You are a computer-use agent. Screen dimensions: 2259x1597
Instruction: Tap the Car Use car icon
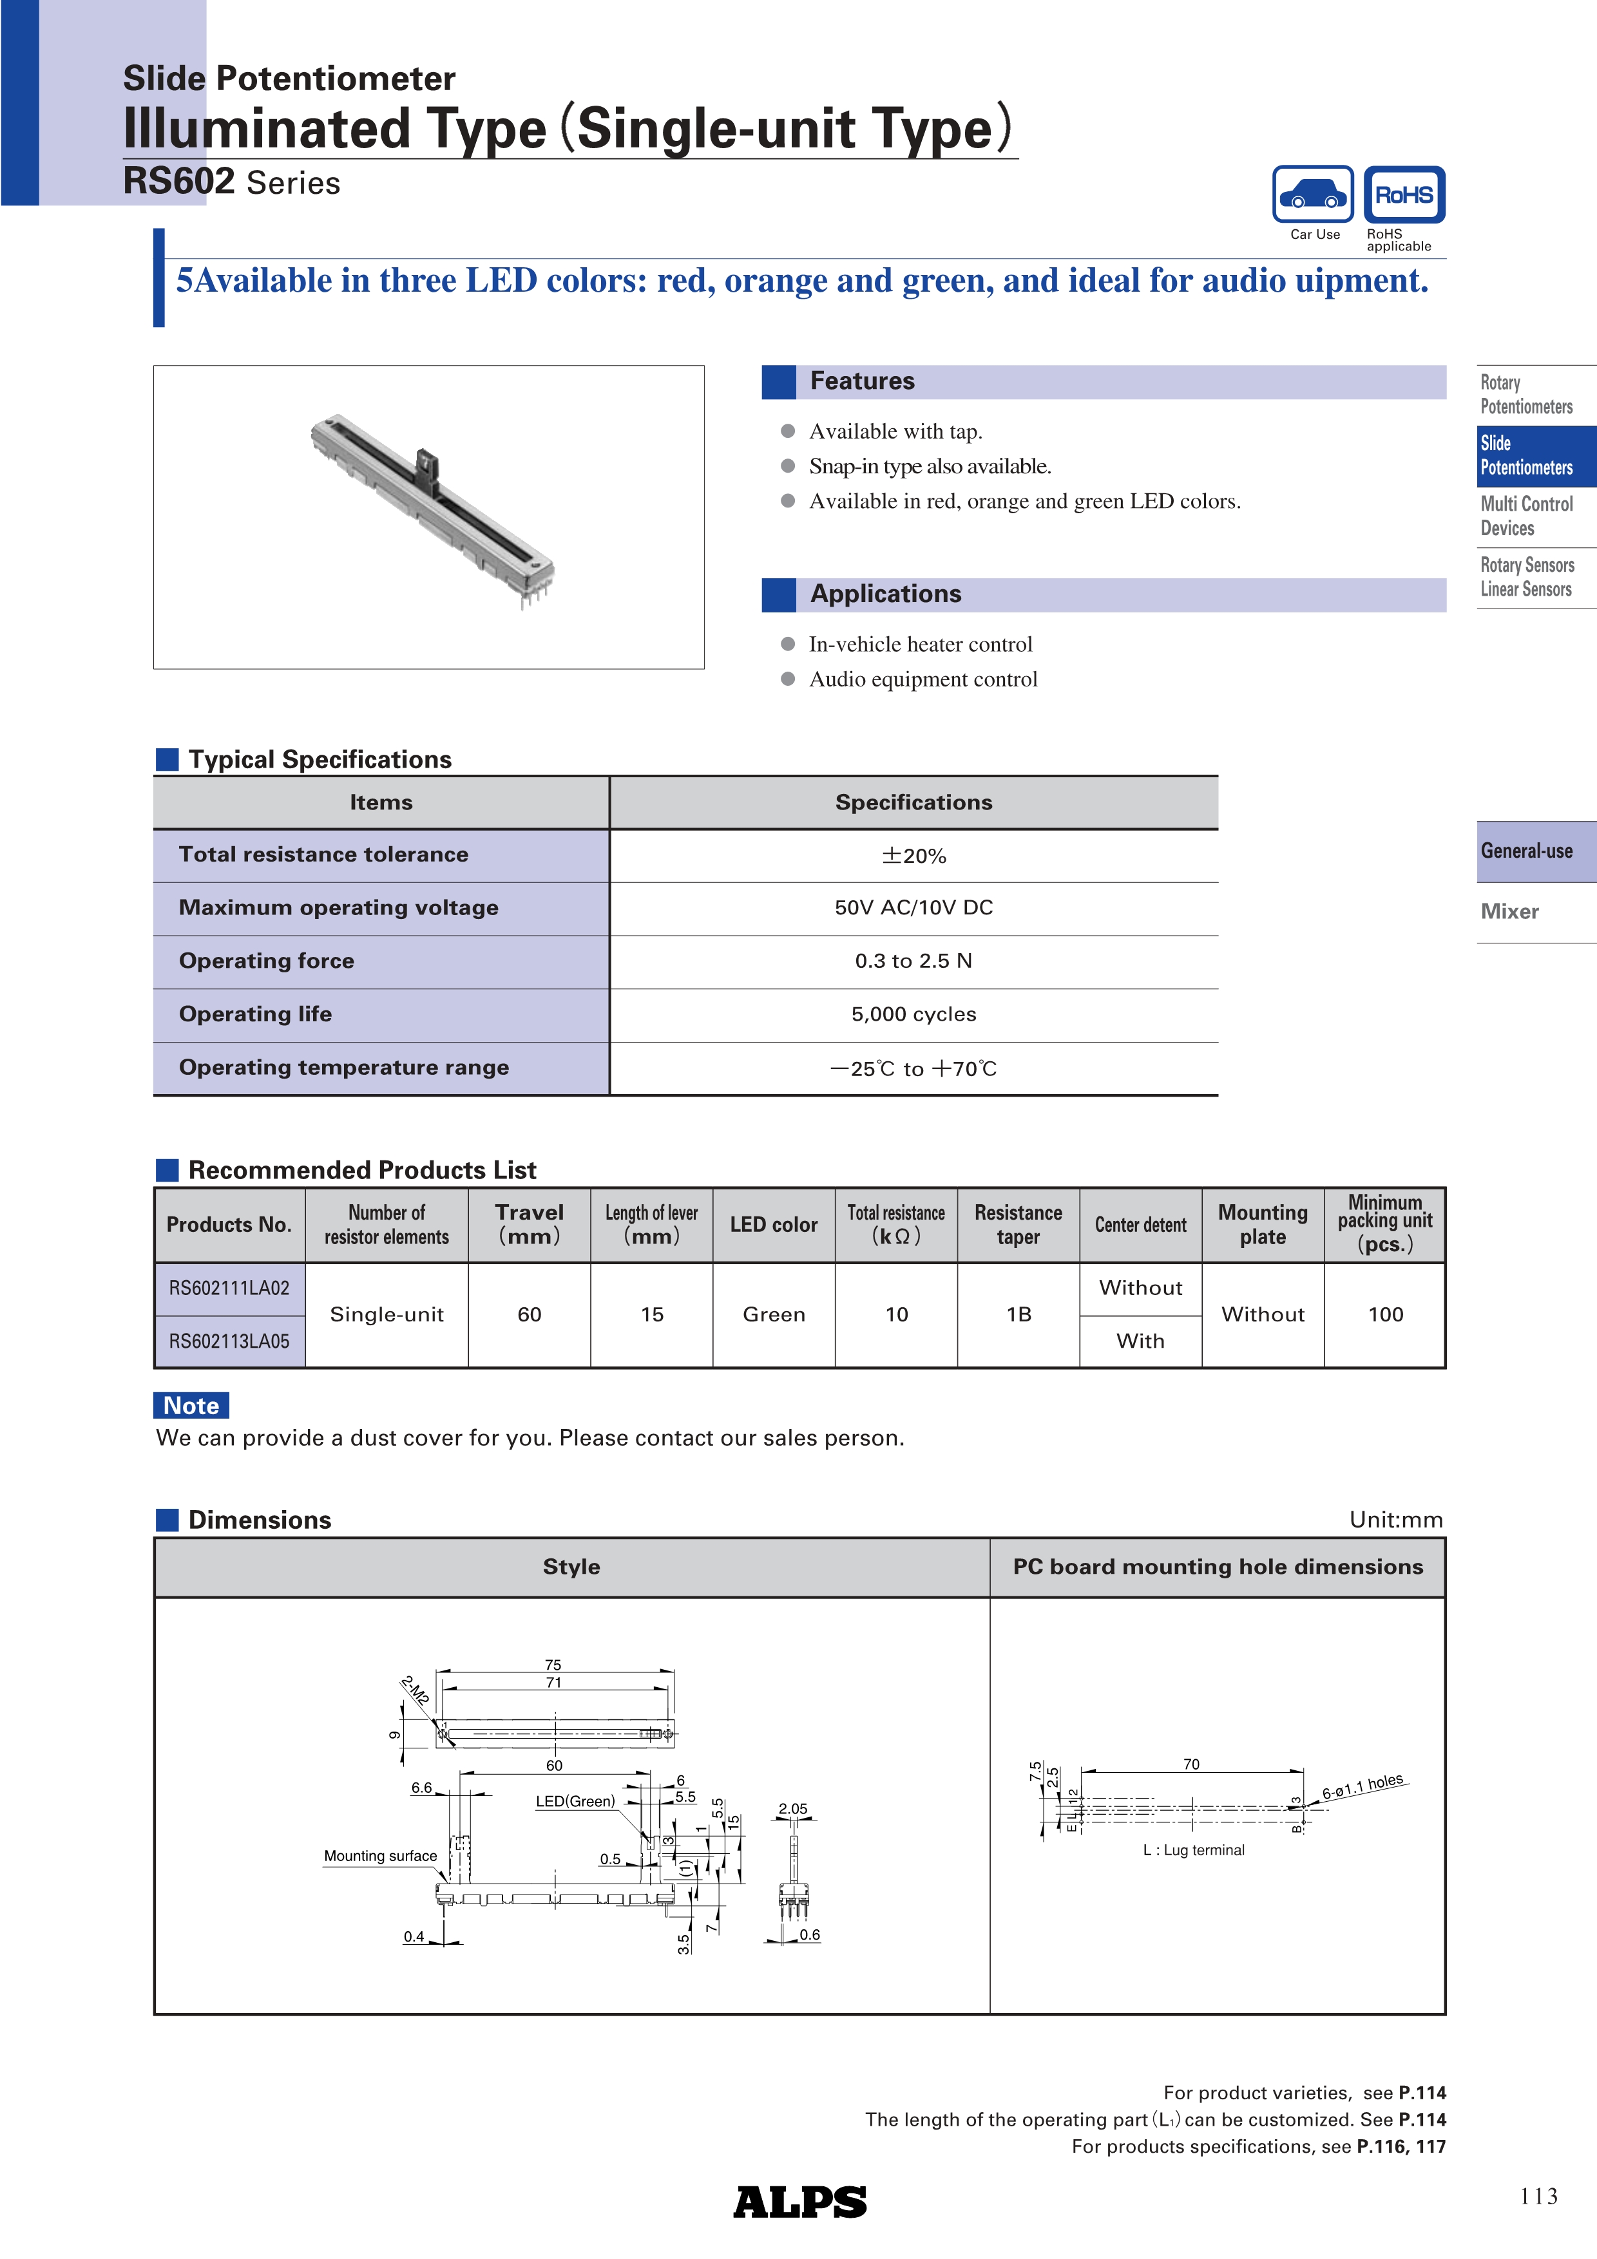pyautogui.click(x=1313, y=195)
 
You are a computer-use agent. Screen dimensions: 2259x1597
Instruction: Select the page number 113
pyautogui.click(x=1538, y=2196)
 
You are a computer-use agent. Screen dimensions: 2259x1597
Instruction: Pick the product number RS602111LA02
pyautogui.click(x=229, y=1288)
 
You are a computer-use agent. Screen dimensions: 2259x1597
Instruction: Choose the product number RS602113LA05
pyautogui.click(x=229, y=1341)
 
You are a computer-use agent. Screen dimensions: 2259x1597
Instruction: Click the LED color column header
pyautogui.click(x=774, y=1225)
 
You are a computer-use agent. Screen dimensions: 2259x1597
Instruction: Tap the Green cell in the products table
pyautogui.click(x=774, y=1314)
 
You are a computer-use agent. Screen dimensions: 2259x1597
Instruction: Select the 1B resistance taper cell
pyautogui.click(x=1018, y=1314)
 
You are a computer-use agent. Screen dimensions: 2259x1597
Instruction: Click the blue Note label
pyautogui.click(x=191, y=1405)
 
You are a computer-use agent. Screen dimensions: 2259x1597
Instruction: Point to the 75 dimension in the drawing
pyautogui.click(x=553, y=1665)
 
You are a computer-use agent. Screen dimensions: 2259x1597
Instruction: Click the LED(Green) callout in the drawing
pyautogui.click(x=575, y=1802)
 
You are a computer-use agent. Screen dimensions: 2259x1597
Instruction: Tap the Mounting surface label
pyautogui.click(x=380, y=1857)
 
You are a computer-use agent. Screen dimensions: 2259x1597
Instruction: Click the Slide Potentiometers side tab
pyautogui.click(x=1535, y=455)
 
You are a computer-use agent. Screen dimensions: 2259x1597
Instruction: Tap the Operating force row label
pyautogui.click(x=267, y=961)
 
